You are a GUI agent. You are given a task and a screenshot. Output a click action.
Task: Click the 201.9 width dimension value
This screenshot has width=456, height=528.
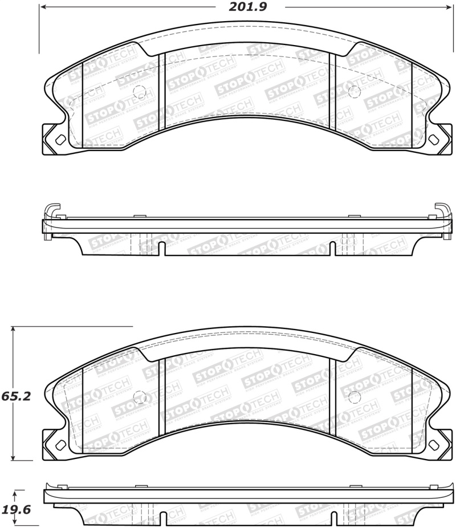coord(247,7)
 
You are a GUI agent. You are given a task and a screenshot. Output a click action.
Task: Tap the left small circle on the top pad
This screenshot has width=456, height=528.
coord(139,91)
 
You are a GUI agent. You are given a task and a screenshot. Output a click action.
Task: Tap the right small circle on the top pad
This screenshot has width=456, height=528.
coord(353,90)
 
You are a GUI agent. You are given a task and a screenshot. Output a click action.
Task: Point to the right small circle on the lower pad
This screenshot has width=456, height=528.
coord(353,397)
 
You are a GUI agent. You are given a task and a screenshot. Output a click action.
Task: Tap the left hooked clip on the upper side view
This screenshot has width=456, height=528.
coord(51,210)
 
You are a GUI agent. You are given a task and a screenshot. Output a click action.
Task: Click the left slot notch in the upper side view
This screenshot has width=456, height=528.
coord(162,249)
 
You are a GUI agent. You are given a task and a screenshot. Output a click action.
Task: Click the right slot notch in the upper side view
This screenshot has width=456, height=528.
coord(332,249)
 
